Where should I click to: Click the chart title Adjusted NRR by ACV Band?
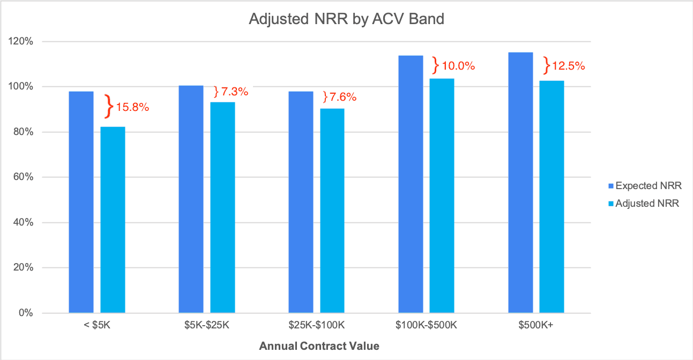tap(346, 19)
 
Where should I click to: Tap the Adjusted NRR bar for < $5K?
tap(113, 220)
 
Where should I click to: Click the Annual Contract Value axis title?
tap(319, 346)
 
